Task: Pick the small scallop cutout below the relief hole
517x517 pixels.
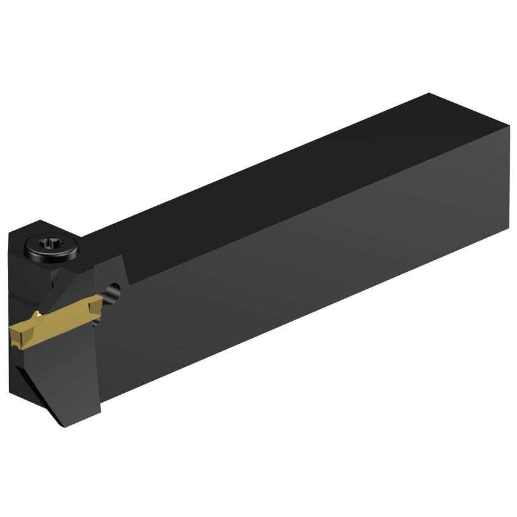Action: pos(111,298)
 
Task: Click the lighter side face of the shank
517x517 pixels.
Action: pos(303,272)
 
